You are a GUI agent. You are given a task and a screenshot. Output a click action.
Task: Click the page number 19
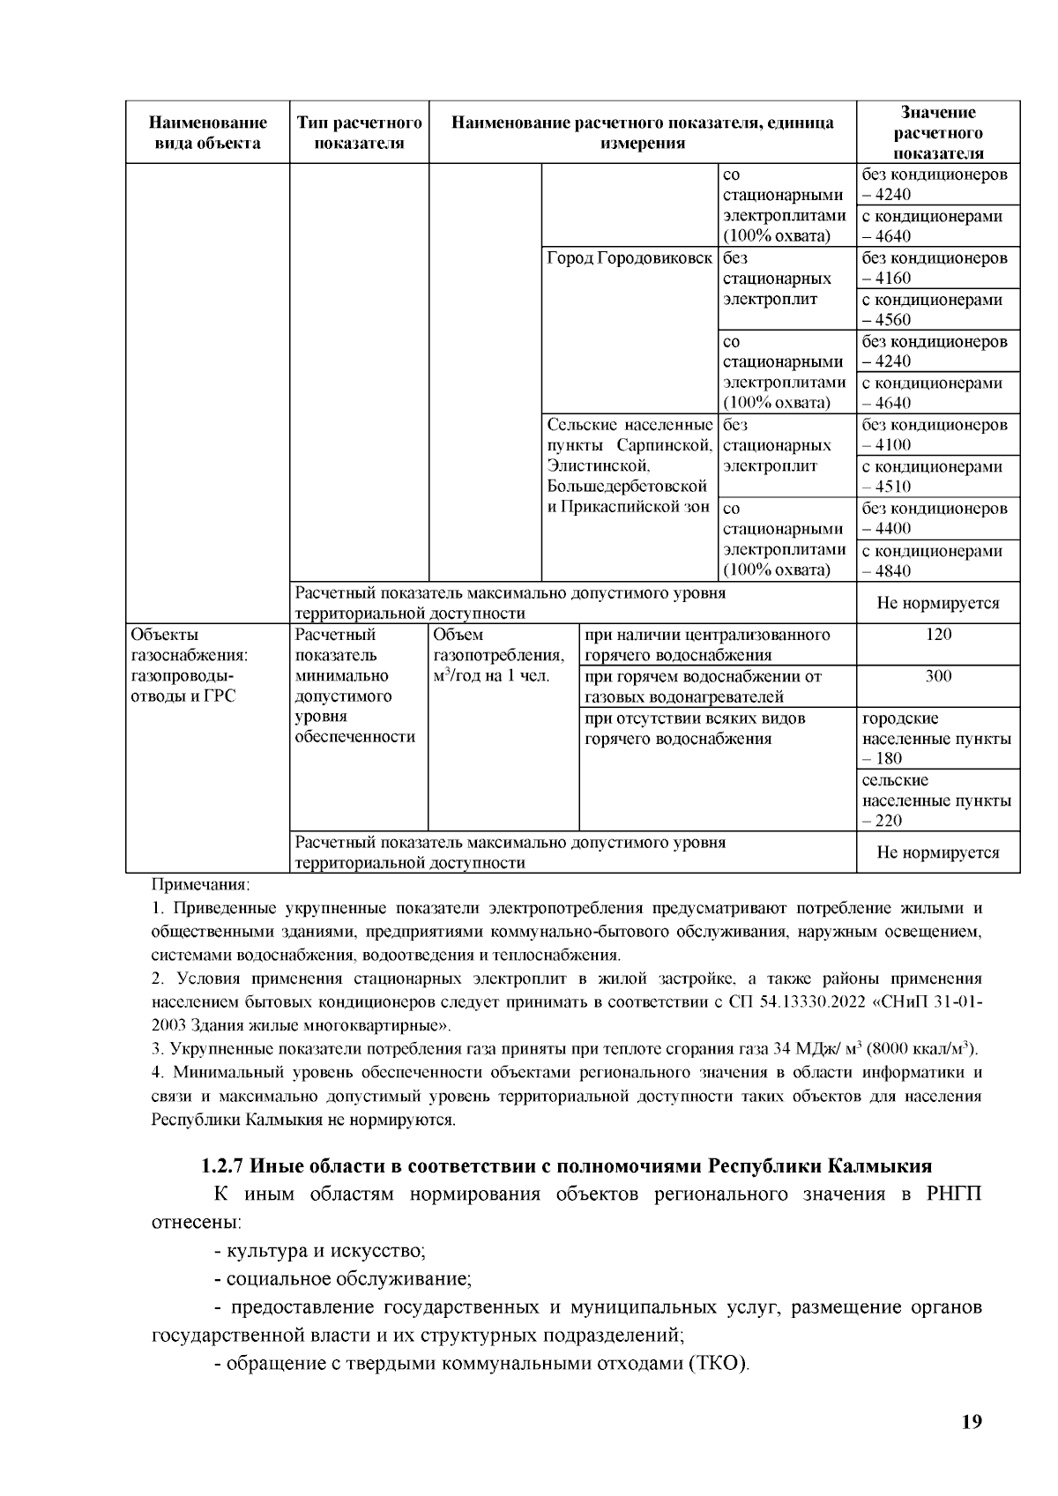point(972,1421)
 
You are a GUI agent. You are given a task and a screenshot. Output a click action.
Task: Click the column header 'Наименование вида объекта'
point(207,132)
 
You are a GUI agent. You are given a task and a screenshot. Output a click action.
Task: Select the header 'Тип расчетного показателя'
point(359,132)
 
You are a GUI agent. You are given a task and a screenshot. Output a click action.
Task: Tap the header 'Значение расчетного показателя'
point(938,132)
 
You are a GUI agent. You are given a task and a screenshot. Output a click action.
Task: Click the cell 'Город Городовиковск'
point(629,258)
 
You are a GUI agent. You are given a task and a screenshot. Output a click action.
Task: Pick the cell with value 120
point(938,635)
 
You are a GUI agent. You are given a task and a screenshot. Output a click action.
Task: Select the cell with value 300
point(938,676)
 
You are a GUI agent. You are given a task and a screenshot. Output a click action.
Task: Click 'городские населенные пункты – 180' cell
point(936,738)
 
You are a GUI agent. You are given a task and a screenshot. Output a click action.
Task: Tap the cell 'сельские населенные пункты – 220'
point(936,800)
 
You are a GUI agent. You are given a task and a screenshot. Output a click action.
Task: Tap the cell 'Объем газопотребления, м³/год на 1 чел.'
point(500,655)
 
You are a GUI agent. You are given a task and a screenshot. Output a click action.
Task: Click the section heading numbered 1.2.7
point(566,1165)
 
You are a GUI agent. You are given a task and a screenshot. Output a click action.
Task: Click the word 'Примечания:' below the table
point(201,883)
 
